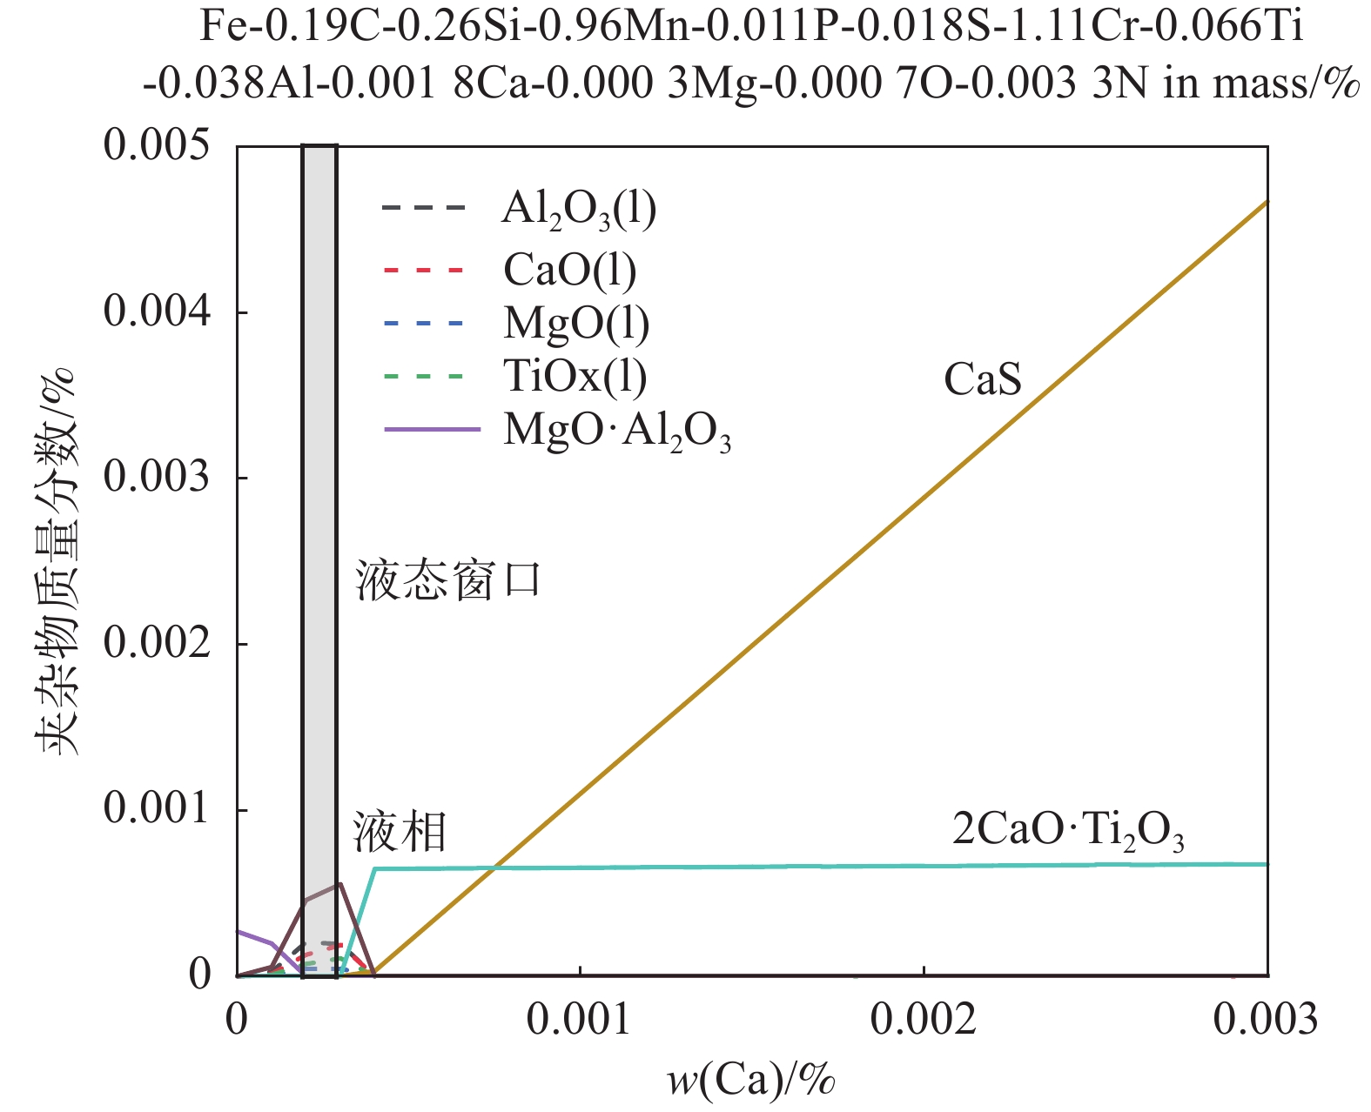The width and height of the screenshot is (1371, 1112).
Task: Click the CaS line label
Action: click(x=982, y=380)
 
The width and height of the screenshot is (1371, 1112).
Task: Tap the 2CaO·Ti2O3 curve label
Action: click(x=1068, y=830)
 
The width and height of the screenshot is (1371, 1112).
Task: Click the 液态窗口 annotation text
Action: click(x=448, y=580)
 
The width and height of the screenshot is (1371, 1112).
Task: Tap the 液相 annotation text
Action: click(x=400, y=832)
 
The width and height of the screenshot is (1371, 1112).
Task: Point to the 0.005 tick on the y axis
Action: click(x=157, y=145)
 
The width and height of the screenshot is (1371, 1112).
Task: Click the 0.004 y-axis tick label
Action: click(x=157, y=311)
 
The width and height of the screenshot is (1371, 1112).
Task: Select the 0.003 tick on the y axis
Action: click(x=157, y=478)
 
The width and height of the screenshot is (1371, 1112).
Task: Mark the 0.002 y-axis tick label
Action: click(x=157, y=644)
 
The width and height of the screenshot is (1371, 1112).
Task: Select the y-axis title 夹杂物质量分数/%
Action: click(x=56, y=561)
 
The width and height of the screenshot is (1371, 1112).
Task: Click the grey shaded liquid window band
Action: click(x=319, y=522)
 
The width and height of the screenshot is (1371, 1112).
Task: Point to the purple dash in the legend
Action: click(x=432, y=430)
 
